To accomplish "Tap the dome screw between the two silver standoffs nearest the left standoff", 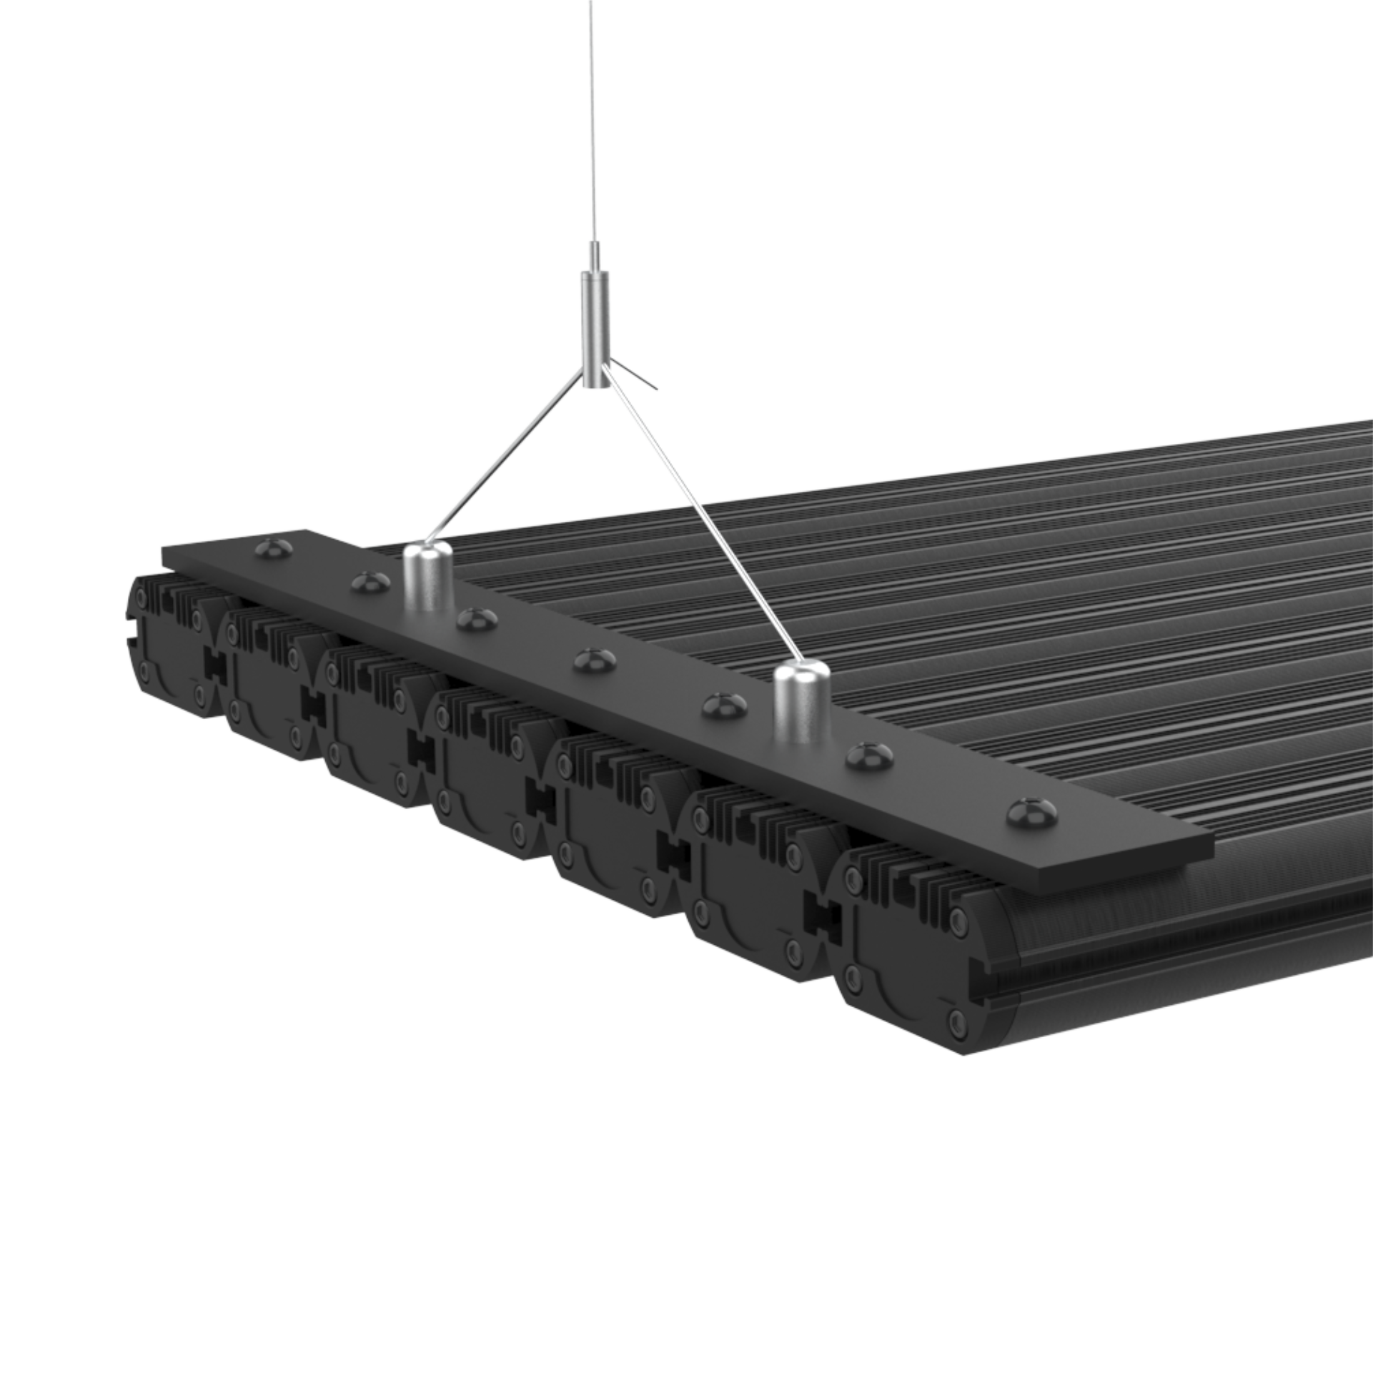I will point(477,618).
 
